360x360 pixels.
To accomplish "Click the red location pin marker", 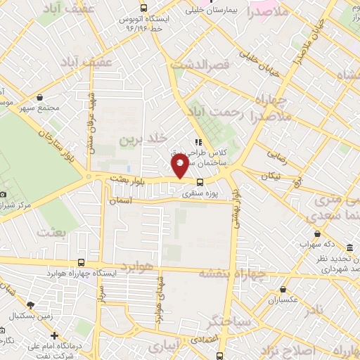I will click(x=180, y=166).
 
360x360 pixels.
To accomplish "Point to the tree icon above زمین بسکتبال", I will click(x=30, y=304).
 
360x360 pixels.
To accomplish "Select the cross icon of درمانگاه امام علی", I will click(x=54, y=335).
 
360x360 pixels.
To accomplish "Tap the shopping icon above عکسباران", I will click(x=283, y=288).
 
